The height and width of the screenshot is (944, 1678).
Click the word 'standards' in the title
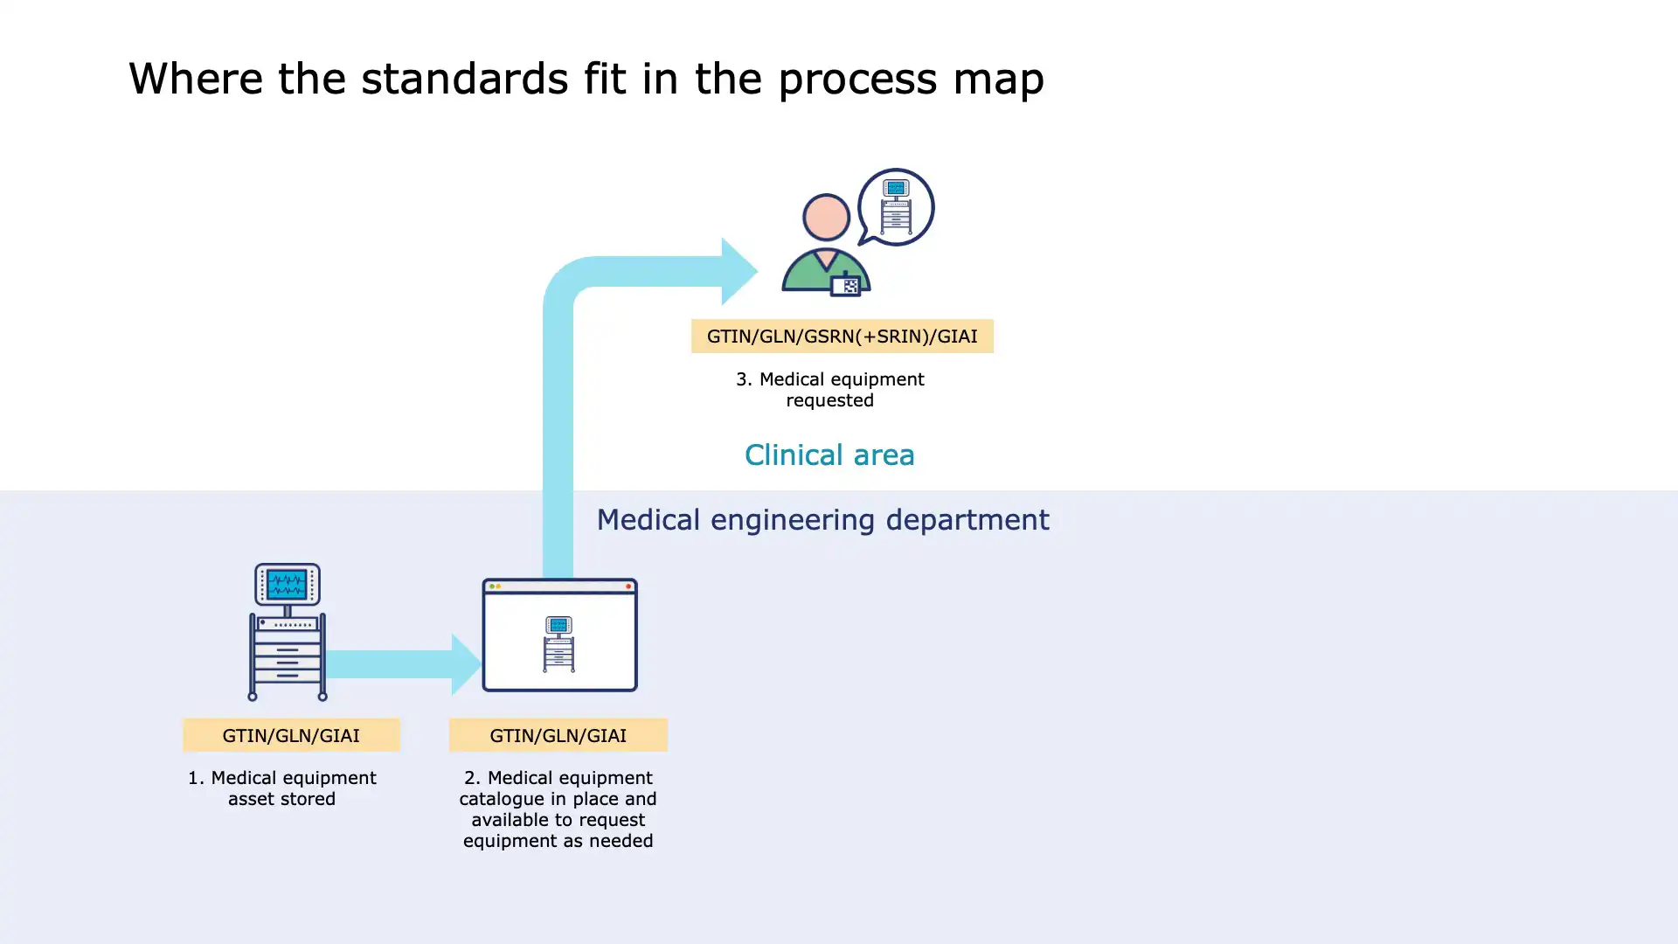464,80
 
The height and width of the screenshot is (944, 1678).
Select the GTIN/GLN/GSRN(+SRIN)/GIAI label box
842,337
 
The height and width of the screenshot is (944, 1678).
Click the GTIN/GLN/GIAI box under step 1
291,736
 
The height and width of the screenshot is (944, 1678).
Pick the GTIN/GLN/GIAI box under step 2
558,736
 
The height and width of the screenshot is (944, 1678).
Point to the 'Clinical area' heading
829,455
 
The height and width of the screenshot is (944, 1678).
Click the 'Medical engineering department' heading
822,520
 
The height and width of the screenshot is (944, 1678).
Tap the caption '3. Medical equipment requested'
829,390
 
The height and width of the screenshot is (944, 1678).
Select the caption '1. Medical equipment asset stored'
281,788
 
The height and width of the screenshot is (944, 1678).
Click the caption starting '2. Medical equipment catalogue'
558,809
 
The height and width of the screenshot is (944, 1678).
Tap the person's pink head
826,218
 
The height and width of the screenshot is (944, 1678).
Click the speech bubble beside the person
896,207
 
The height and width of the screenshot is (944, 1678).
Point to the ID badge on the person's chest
846,285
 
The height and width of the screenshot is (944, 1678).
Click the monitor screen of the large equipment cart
287,583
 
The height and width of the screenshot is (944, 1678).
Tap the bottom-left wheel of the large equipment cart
253,697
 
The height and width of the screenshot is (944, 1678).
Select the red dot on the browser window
628,587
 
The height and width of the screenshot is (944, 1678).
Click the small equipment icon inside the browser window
558,644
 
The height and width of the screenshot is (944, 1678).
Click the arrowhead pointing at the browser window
466,664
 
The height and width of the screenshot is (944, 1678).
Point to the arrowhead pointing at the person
738,271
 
